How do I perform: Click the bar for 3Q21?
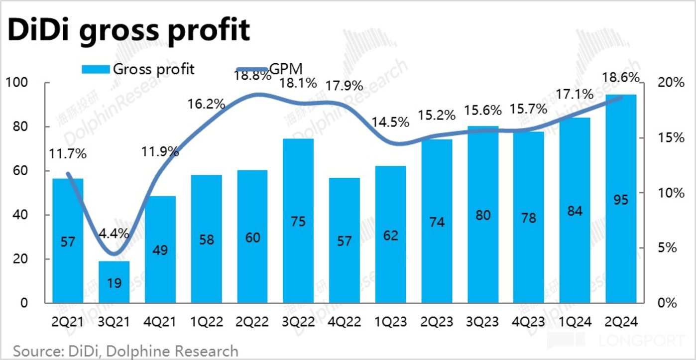[114, 282]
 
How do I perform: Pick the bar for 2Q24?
[621, 199]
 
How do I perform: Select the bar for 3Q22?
[298, 221]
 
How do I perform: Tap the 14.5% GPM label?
[391, 122]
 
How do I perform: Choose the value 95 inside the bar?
[621, 200]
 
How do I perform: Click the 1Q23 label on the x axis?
[391, 322]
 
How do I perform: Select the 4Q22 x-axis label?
[345, 322]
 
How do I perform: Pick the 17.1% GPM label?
[575, 94]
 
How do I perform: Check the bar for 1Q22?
[206, 239]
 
